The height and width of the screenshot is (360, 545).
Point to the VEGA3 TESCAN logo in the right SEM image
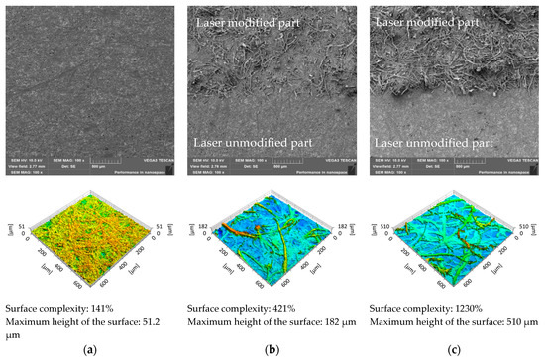pos(505,162)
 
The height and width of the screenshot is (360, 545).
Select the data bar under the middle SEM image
pos(272,165)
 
